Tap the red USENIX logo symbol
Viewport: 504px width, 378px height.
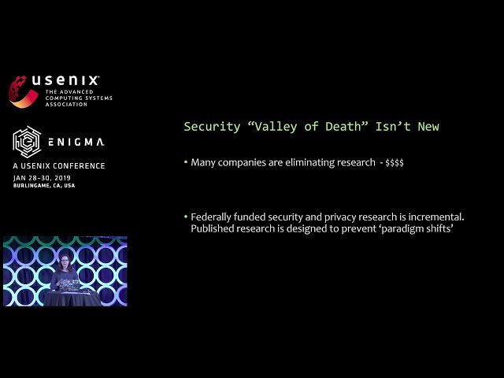pyautogui.click(x=22, y=91)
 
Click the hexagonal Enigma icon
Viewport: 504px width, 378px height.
pyautogui.click(x=26, y=141)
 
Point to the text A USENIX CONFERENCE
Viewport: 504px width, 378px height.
pyautogui.click(x=59, y=166)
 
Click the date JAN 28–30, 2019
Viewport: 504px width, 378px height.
pyautogui.click(x=46, y=178)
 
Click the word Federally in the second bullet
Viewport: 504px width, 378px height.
pyautogui.click(x=213, y=217)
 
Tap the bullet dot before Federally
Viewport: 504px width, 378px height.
pyautogui.click(x=185, y=217)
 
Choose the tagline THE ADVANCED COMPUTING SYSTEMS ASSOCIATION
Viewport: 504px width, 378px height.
pyautogui.click(x=79, y=98)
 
